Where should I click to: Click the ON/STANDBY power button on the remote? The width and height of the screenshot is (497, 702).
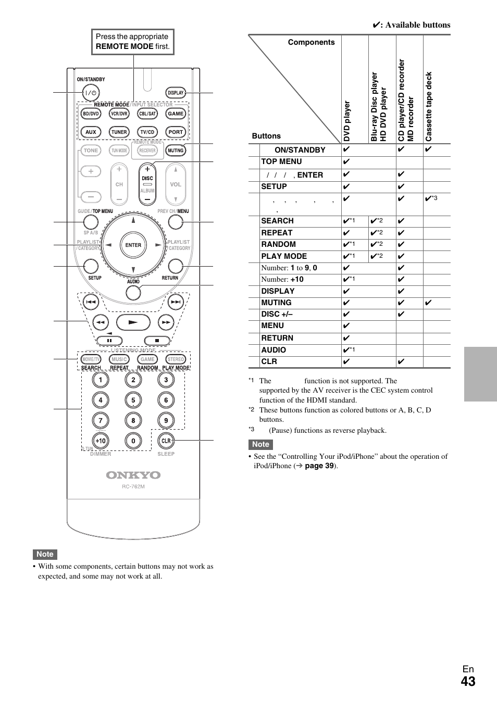(x=91, y=93)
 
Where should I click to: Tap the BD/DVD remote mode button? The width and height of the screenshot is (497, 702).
(x=91, y=114)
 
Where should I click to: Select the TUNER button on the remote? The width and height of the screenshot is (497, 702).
(x=119, y=132)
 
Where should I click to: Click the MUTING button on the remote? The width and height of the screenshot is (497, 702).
(x=176, y=151)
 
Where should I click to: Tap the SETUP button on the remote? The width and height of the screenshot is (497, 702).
(x=91, y=266)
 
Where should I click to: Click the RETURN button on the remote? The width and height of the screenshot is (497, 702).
(x=176, y=266)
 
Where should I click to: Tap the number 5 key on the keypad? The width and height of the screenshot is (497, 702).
(x=133, y=400)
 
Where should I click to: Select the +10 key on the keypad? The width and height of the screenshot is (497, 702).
(x=101, y=441)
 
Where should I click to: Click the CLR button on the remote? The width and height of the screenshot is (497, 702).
(x=166, y=441)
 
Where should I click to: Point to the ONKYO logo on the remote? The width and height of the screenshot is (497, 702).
(x=133, y=475)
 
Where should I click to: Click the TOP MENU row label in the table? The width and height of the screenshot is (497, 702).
(x=281, y=161)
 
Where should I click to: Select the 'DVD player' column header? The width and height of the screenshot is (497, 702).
(x=347, y=121)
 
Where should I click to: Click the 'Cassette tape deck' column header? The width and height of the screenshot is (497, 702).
(x=429, y=107)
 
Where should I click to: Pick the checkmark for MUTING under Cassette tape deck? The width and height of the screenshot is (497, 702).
(x=428, y=303)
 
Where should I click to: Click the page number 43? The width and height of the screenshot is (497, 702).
(x=468, y=681)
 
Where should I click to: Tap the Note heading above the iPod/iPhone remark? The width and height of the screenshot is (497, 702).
(x=260, y=444)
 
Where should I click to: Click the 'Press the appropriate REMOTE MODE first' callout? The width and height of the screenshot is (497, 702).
(x=132, y=42)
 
